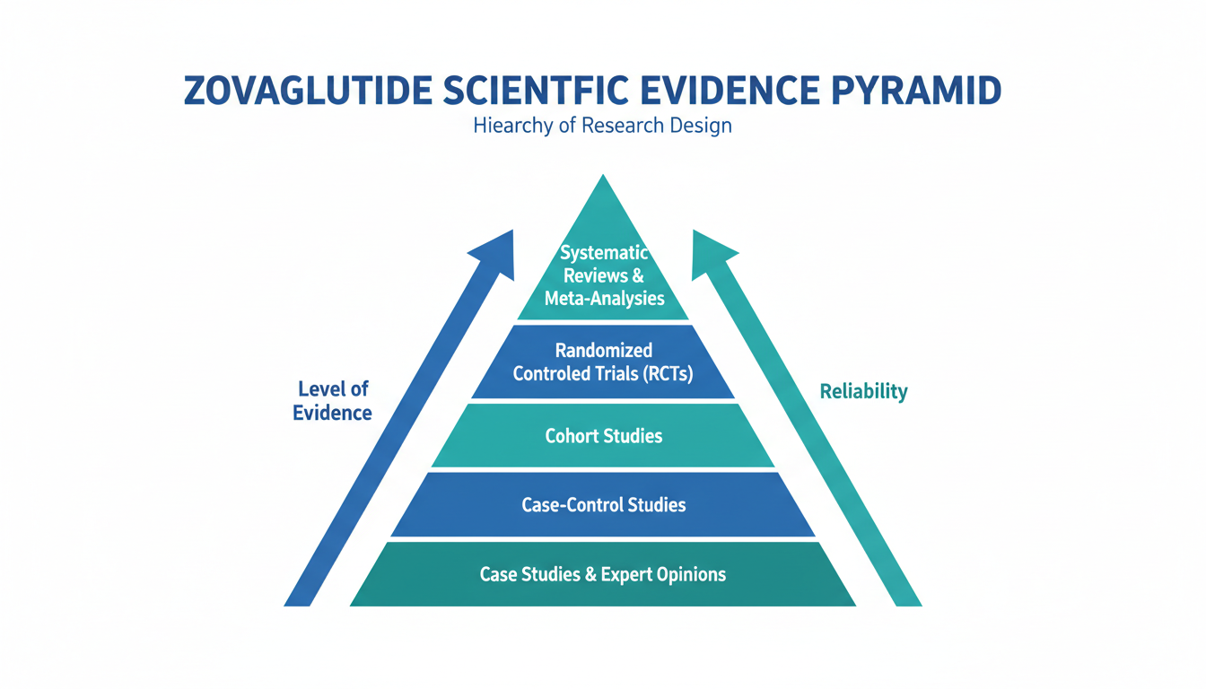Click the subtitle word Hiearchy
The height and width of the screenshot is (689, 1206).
click(x=510, y=125)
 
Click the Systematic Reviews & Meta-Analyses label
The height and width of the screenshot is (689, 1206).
click(x=604, y=275)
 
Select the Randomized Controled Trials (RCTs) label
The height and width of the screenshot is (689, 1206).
click(x=603, y=362)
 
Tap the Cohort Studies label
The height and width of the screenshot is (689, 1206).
click(x=603, y=436)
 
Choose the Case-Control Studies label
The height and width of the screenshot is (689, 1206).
click(x=603, y=504)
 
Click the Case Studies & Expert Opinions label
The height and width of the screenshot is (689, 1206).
click(x=603, y=573)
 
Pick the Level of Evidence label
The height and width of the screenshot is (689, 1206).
click(x=332, y=401)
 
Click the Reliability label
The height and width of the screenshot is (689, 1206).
click(x=863, y=391)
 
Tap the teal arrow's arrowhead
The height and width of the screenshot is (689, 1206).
click(x=713, y=254)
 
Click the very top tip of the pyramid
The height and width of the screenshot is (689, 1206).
click(x=603, y=177)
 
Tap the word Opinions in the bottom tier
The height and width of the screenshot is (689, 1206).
click(x=689, y=573)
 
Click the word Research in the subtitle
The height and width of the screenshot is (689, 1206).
click(x=614, y=125)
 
